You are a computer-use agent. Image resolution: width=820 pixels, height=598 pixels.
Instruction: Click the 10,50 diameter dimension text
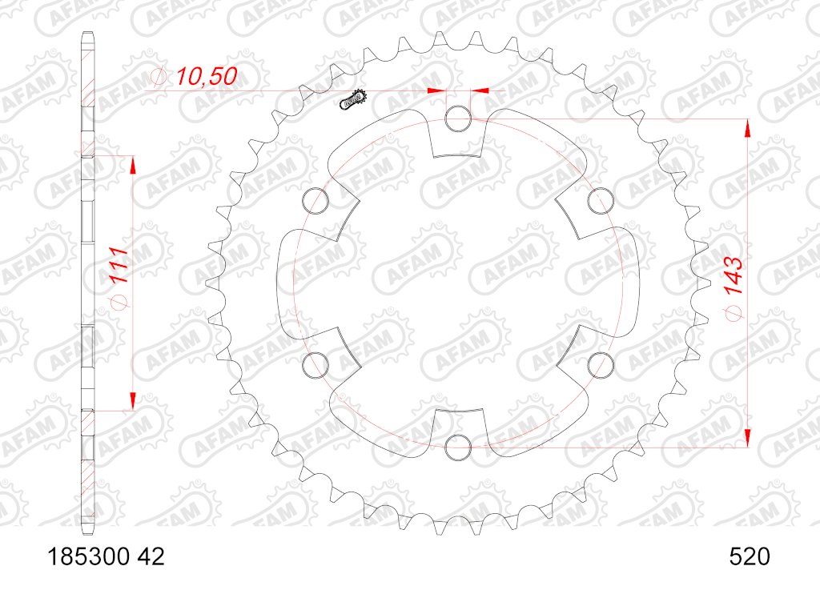pos(206,76)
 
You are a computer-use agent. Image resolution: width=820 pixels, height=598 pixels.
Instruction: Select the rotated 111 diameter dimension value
pos(120,265)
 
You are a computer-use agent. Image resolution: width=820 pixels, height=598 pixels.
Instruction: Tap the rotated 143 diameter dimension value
pos(734,276)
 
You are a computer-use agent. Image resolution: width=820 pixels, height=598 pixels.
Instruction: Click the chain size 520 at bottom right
pos(750,556)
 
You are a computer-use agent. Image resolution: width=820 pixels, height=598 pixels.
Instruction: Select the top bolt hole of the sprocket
pos(458,118)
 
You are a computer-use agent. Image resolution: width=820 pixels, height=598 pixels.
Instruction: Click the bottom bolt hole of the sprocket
pos(458,447)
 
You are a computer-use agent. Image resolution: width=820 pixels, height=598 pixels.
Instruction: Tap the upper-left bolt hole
pos(316,201)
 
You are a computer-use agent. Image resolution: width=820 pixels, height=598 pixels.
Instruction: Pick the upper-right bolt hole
pos(601,201)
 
